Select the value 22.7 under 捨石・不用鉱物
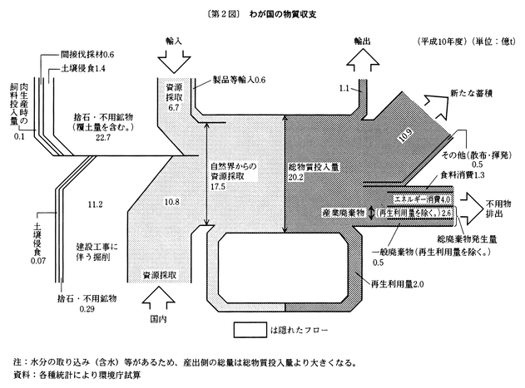tap(103, 138)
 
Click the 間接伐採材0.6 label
tap(87, 53)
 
